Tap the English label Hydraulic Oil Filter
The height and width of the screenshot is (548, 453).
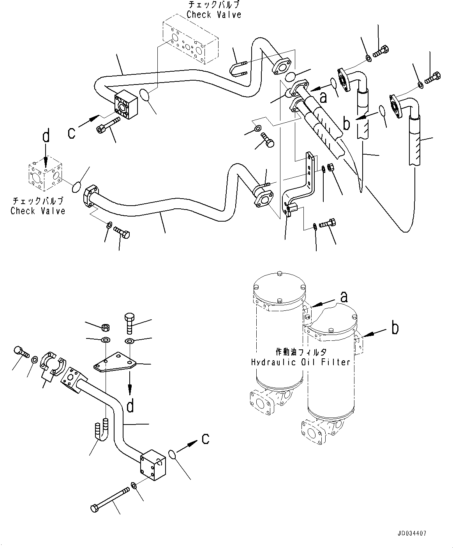(300, 362)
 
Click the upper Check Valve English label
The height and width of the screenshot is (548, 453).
(214, 15)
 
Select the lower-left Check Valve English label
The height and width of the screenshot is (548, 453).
(38, 211)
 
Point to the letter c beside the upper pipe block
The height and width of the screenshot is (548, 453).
(71, 133)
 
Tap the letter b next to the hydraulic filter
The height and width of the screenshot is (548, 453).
(395, 328)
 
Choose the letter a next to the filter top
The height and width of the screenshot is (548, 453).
(344, 297)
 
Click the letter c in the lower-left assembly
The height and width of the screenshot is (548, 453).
(206, 439)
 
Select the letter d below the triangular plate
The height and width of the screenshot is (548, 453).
(130, 406)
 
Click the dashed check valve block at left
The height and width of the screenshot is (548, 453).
(45, 175)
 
